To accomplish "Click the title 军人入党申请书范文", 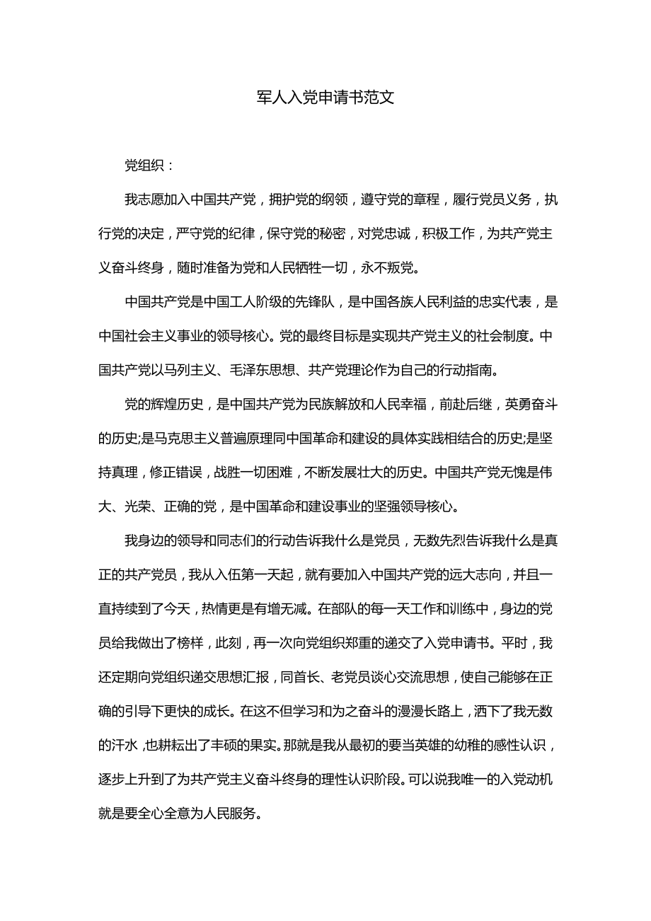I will click(x=325, y=98).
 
